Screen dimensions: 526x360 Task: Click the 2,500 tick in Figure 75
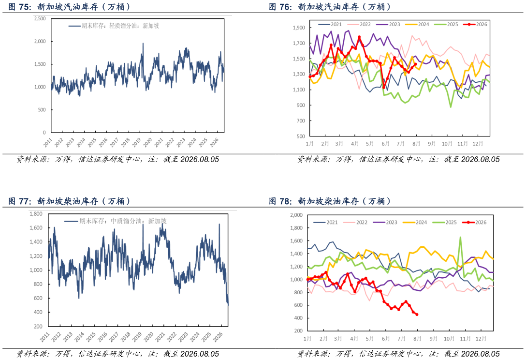click(40, 19)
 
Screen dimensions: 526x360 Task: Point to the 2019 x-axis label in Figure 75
click(136, 143)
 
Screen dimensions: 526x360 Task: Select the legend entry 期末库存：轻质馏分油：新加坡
click(114, 26)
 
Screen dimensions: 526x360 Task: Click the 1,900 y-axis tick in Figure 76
click(299, 28)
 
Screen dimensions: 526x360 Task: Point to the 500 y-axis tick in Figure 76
click(301, 136)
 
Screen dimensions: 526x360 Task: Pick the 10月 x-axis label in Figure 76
click(447, 144)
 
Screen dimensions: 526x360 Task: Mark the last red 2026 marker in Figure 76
click(416, 64)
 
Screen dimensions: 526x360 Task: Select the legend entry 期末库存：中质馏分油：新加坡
click(116, 221)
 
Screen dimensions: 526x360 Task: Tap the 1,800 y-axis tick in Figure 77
click(36, 214)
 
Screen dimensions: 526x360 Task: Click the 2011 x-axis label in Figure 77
click(44, 337)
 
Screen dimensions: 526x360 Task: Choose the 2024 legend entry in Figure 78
click(415, 222)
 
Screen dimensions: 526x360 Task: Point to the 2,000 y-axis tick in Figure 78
click(296, 215)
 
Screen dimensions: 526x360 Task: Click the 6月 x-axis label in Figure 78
click(386, 339)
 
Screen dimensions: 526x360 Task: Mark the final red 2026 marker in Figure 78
click(417, 315)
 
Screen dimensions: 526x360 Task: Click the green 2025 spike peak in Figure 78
click(460, 238)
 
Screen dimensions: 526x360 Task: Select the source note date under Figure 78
click(481, 354)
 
